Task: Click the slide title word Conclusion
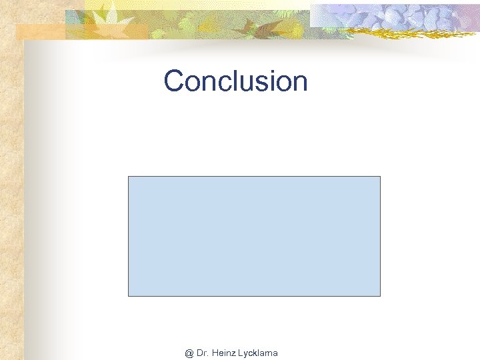[x=235, y=81]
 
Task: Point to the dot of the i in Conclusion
[x=262, y=70]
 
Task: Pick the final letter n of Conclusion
[x=299, y=84]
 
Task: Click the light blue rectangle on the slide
[x=254, y=236]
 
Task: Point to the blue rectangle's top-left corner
[x=129, y=177]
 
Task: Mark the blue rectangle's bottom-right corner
[x=380, y=295]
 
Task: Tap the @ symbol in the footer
[x=189, y=353]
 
